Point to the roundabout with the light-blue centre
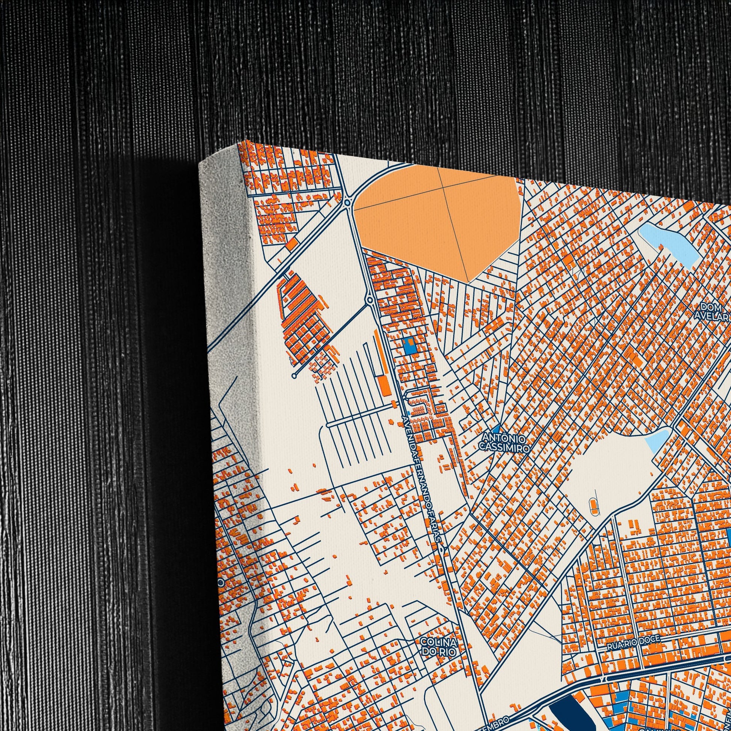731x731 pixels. [347, 203]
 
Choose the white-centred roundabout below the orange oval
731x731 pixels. [370, 301]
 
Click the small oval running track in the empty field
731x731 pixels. [592, 504]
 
